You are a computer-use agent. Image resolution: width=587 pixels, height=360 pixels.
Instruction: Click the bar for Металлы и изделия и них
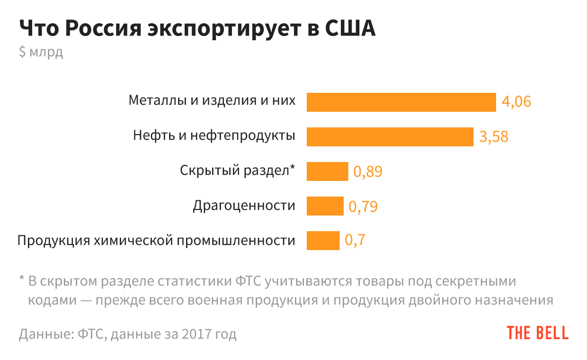(401, 102)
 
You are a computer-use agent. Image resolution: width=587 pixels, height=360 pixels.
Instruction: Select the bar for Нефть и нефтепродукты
(390, 136)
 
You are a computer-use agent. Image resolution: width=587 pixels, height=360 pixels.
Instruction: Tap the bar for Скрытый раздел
(327, 171)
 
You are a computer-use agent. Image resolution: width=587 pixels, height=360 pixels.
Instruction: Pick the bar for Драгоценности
(325, 206)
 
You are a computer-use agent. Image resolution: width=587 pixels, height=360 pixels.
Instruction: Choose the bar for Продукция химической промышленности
(323, 241)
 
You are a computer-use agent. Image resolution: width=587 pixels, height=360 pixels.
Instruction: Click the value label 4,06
(516, 102)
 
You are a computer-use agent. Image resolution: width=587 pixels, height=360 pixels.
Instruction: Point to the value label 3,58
(494, 136)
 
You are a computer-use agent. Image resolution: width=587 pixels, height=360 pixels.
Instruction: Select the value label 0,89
(368, 171)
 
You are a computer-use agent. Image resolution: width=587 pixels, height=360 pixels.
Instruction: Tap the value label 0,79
(363, 207)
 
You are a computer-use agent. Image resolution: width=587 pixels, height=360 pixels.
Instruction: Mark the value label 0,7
(355, 241)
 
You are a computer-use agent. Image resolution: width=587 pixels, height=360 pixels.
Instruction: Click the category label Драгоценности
(244, 206)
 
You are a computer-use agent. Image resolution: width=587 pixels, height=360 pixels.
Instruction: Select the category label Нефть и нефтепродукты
(214, 136)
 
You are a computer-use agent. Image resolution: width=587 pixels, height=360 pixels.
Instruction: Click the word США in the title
(351, 28)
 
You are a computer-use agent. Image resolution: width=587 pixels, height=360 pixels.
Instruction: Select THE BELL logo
(537, 333)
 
